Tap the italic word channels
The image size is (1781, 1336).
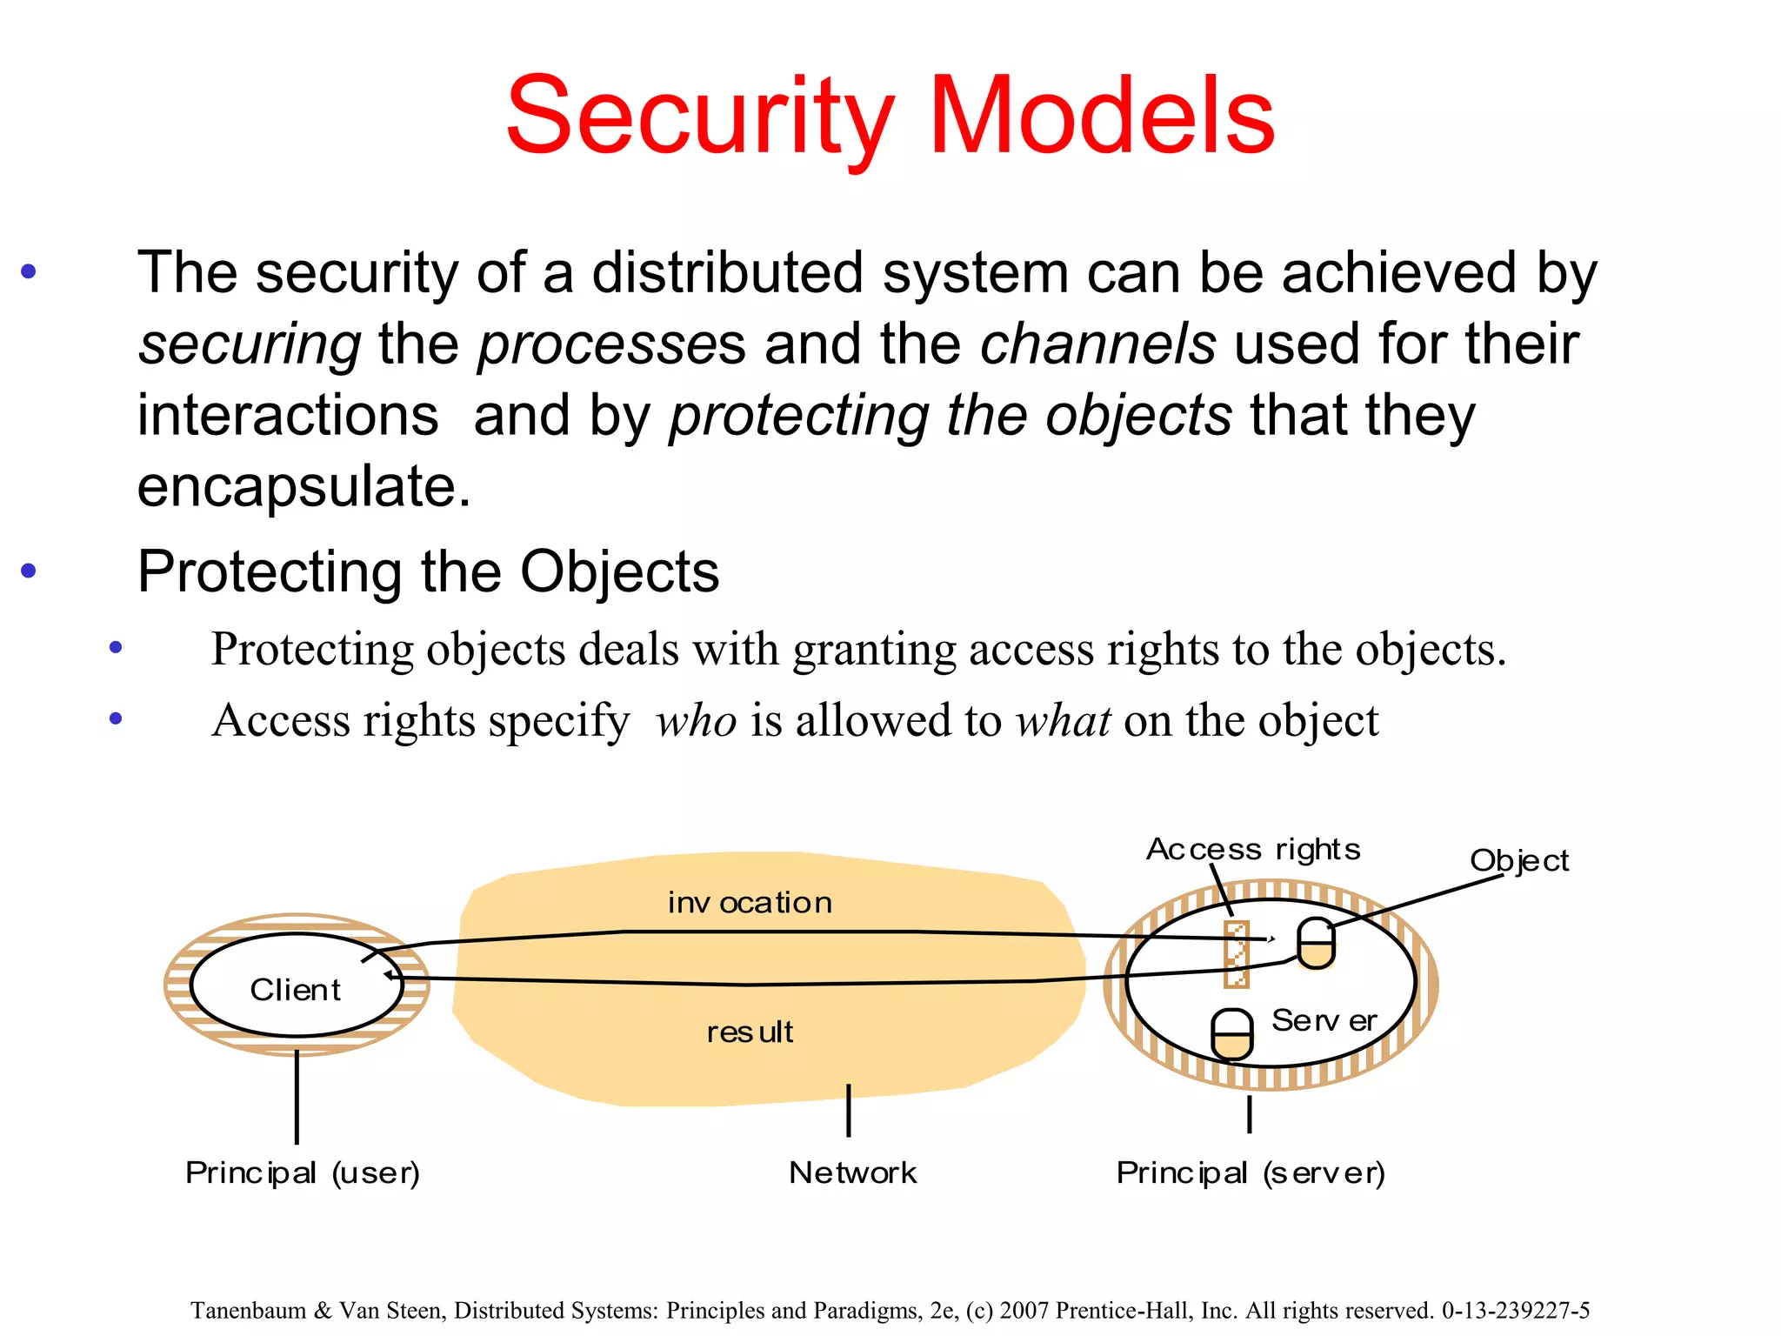click(1097, 344)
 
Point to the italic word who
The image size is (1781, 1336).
click(697, 721)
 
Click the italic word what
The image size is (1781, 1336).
click(1064, 721)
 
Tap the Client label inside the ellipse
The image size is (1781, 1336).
click(295, 990)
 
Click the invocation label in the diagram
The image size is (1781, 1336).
click(750, 903)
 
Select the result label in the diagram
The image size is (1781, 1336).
click(750, 1032)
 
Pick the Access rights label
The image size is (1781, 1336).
click(1253, 849)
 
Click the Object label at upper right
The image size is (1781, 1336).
click(1519, 861)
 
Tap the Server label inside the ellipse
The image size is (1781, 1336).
click(1324, 1020)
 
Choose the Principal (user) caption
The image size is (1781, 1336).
click(303, 1173)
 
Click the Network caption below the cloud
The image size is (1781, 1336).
click(852, 1173)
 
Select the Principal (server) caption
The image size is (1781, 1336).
click(1251, 1173)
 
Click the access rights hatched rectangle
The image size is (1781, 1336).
click(1237, 954)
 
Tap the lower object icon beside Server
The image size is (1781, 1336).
click(1232, 1034)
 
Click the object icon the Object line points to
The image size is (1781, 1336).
click(1316, 944)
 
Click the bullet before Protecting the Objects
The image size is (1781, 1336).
click(29, 571)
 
